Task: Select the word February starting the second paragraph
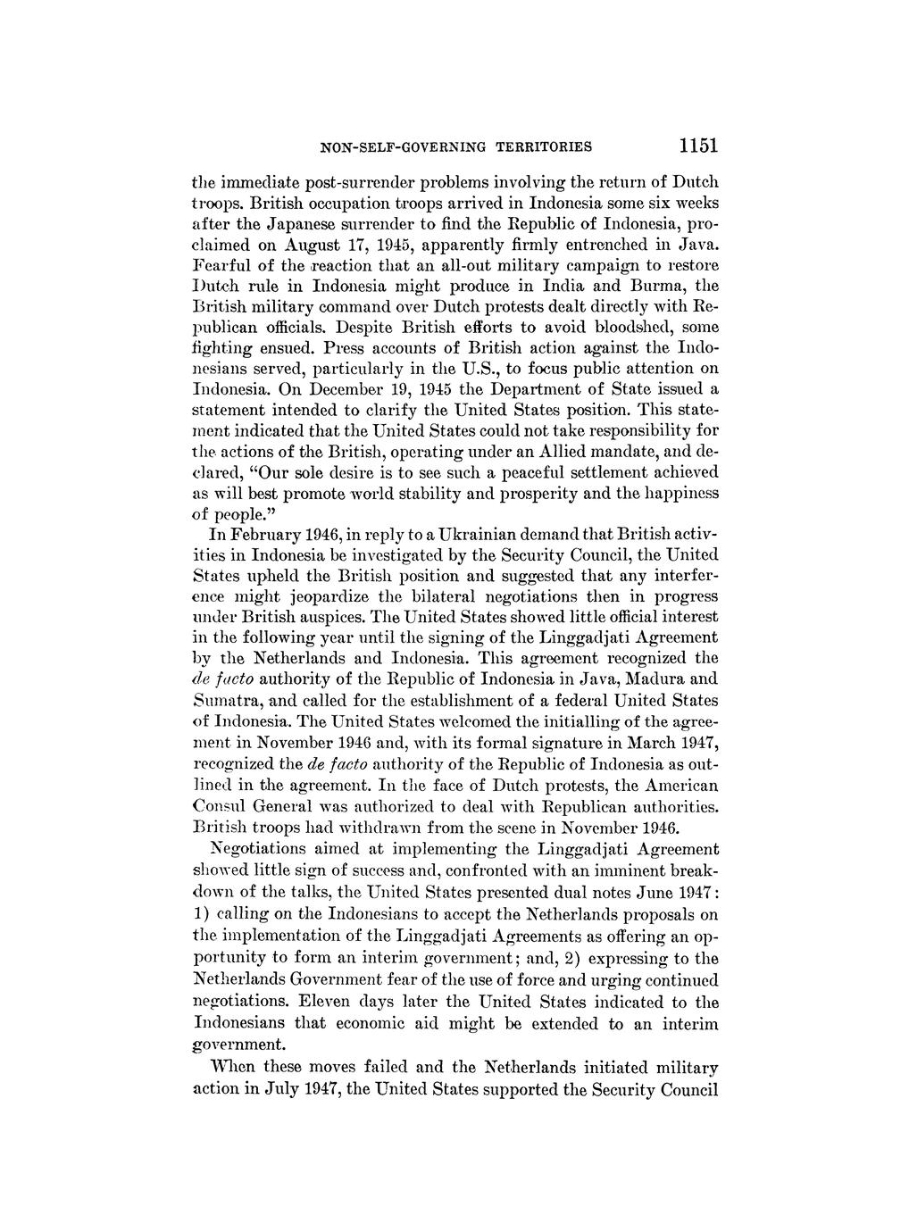click(x=263, y=535)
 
